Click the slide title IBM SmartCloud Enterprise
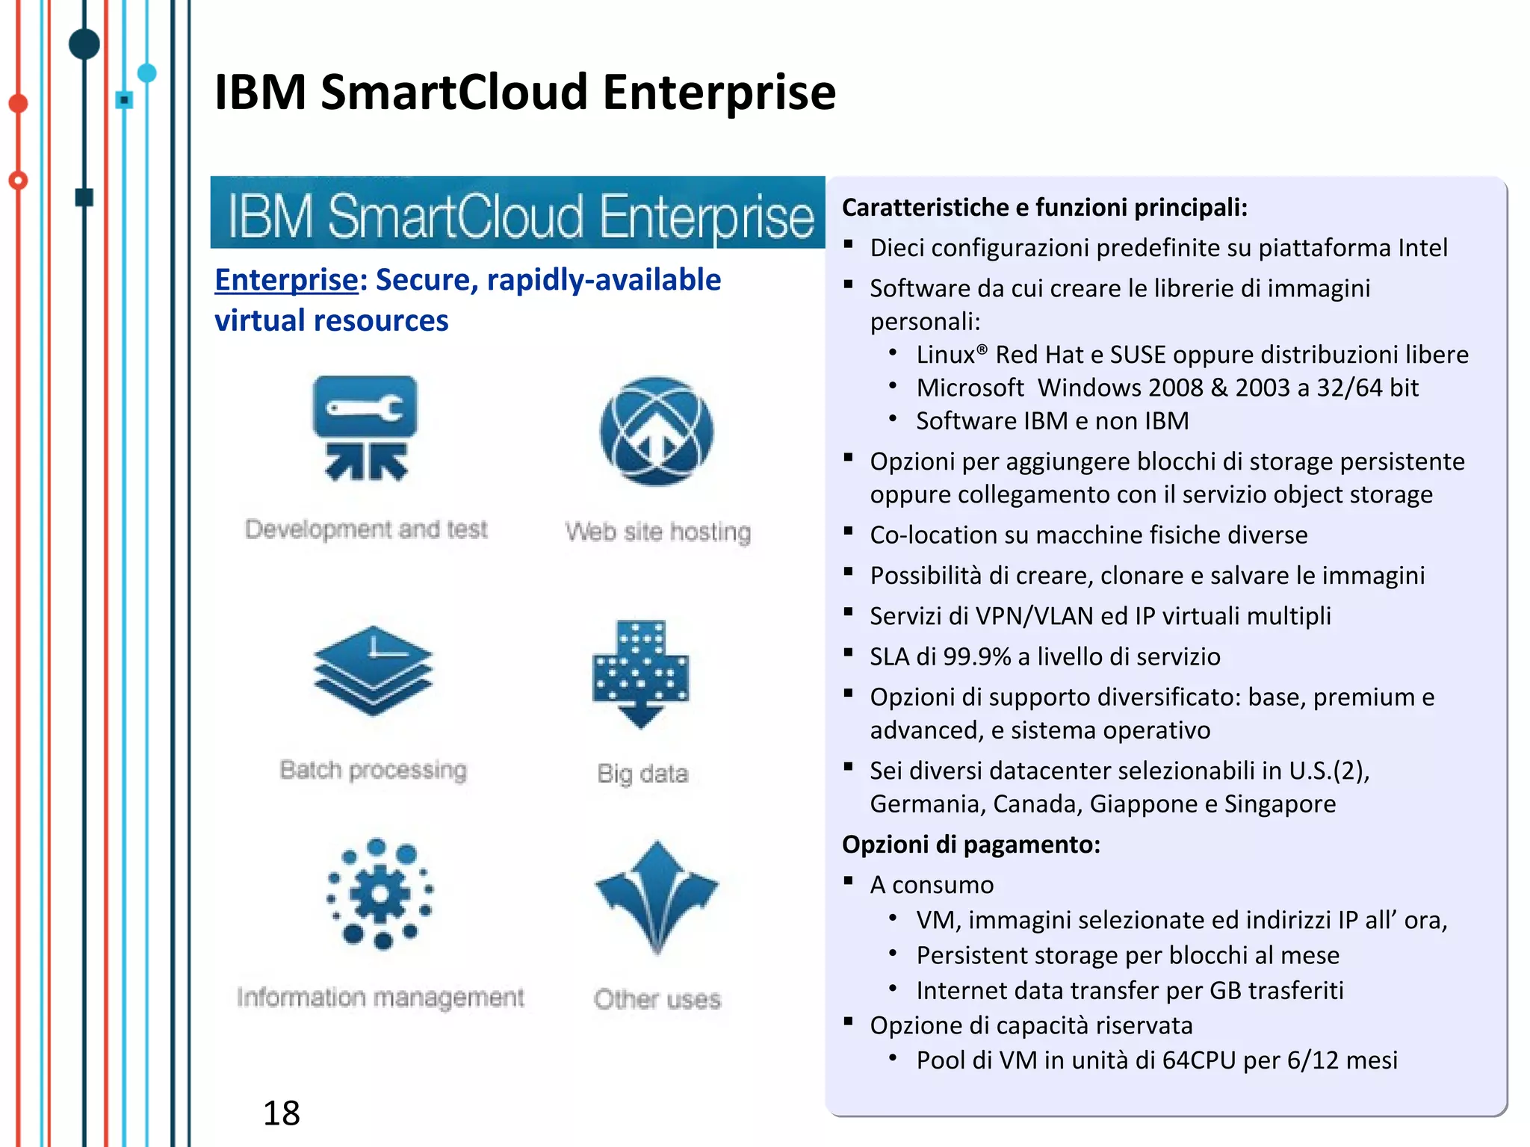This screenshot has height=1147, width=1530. click(524, 93)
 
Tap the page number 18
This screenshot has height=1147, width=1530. click(281, 1113)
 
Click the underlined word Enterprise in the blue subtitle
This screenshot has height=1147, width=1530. click(286, 280)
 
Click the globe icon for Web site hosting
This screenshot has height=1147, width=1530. click(656, 432)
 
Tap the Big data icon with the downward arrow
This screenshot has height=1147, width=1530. click(640, 673)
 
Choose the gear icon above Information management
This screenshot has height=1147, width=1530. click(380, 893)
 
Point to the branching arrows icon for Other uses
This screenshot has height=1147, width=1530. click(657, 895)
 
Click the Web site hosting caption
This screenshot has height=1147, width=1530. click(657, 532)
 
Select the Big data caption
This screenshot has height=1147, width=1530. click(642, 774)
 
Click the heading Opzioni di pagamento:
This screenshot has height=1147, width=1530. click(970, 845)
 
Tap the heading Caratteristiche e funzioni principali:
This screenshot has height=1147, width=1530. click(1044, 208)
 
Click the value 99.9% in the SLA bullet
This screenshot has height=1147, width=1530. click(976, 656)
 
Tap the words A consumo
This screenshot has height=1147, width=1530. click(932, 885)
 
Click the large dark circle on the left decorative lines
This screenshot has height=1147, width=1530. click(84, 44)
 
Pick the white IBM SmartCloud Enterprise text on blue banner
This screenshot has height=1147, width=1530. click(520, 216)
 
